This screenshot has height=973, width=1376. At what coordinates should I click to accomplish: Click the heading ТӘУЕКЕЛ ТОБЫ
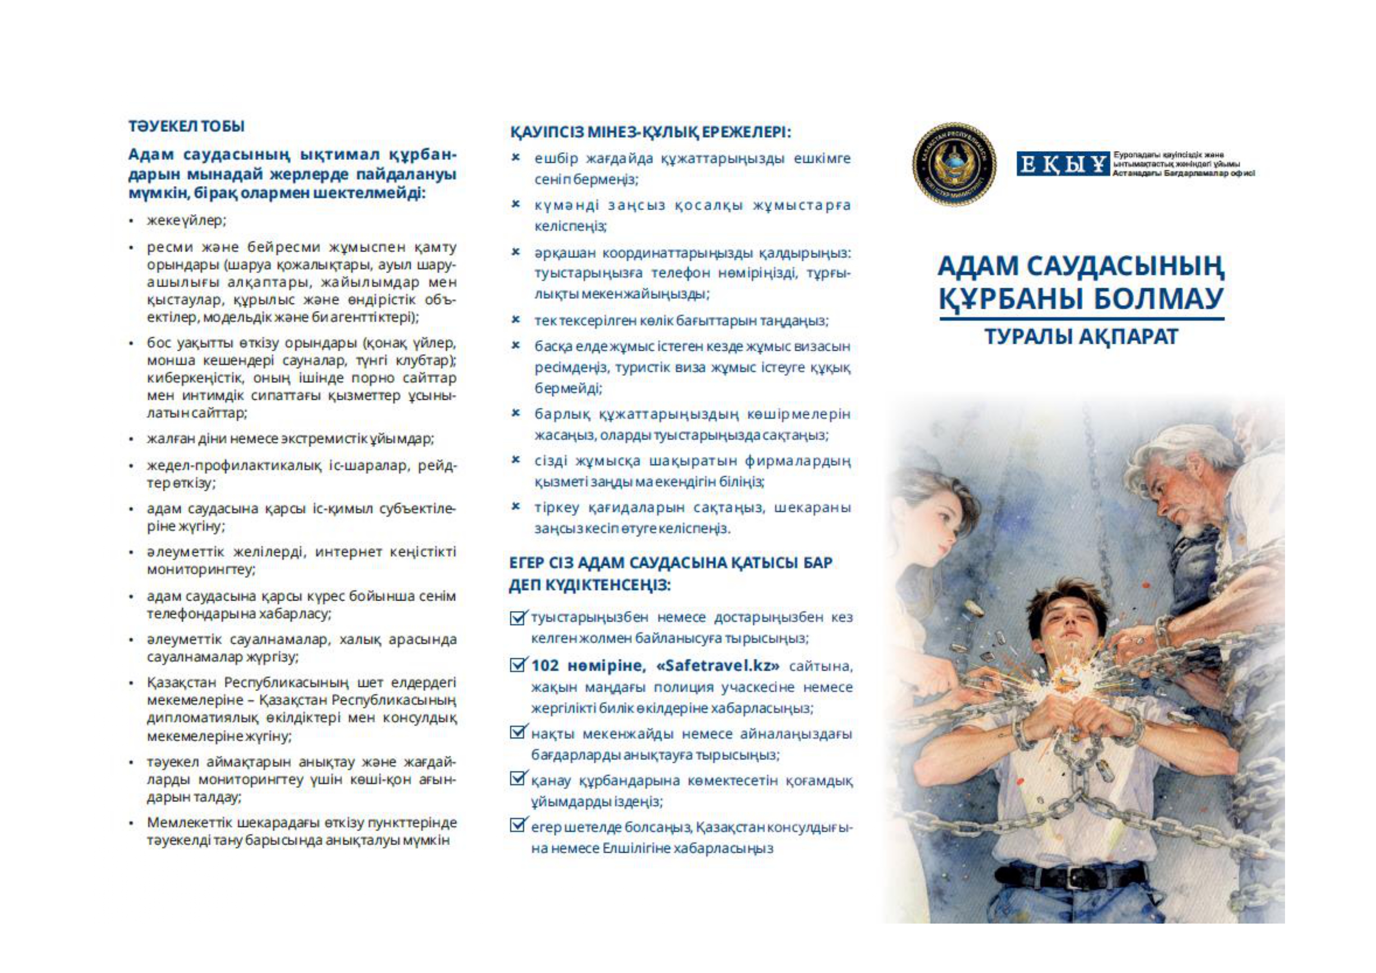(x=186, y=127)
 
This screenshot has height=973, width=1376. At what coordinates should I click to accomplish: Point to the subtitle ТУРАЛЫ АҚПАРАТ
(x=1082, y=337)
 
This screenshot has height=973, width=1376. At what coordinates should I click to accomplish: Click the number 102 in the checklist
(x=545, y=666)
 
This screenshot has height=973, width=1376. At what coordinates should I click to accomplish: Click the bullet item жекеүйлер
(x=186, y=221)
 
